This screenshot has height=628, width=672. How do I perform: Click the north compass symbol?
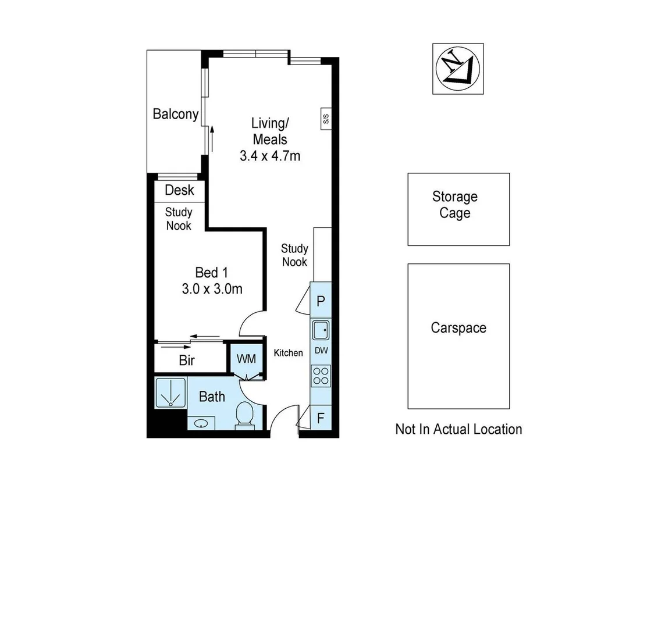(x=457, y=69)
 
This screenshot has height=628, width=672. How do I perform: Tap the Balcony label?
(x=175, y=114)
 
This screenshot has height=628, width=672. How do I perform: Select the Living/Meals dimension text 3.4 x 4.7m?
(x=270, y=156)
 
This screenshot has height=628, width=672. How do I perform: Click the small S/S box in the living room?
(x=326, y=119)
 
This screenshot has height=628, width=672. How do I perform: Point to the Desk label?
(x=179, y=190)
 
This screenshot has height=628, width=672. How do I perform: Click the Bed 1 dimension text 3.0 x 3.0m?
(x=212, y=288)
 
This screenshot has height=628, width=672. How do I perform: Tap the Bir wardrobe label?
(x=187, y=361)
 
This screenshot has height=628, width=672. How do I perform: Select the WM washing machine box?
(x=247, y=359)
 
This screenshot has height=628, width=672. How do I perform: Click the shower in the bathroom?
(x=170, y=393)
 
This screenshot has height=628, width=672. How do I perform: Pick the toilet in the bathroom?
(x=245, y=416)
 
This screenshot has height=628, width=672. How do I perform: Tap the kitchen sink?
(x=321, y=330)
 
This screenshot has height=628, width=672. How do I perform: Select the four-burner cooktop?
(x=321, y=376)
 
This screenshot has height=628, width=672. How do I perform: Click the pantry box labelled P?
(x=321, y=301)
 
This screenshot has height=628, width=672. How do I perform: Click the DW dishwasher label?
(x=321, y=351)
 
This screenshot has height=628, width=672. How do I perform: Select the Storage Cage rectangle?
(x=458, y=209)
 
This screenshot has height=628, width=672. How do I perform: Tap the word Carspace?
(x=458, y=328)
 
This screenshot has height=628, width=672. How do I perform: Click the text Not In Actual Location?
(x=458, y=429)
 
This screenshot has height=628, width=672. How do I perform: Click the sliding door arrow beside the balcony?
(x=213, y=140)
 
